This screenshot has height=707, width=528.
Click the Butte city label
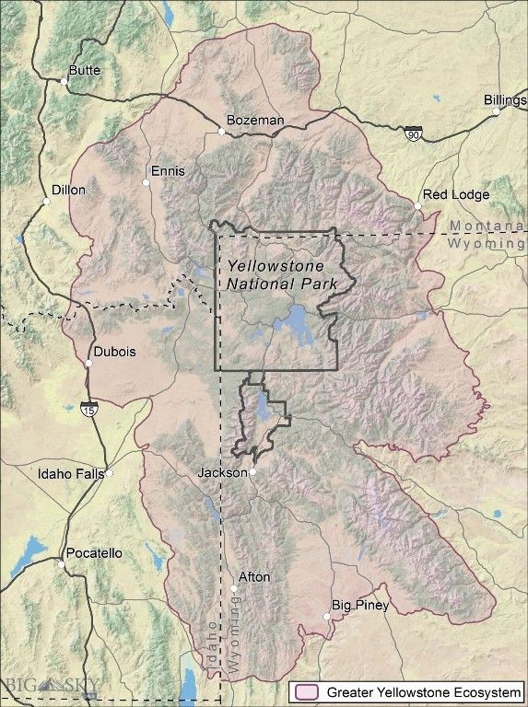click(86, 70)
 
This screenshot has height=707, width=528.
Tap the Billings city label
click(504, 100)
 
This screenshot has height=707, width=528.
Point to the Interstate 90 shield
click(414, 134)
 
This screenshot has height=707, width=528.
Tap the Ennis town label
click(169, 171)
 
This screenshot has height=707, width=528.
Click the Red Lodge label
click(456, 195)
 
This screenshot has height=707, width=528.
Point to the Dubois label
click(115, 352)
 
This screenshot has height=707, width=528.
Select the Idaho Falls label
click(70, 475)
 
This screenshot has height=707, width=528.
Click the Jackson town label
click(222, 472)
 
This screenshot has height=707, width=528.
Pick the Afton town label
click(254, 577)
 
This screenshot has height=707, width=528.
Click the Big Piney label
click(360, 606)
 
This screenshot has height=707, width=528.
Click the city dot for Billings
click(496, 111)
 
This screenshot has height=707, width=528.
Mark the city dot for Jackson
click(252, 472)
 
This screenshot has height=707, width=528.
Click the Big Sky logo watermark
click(53, 685)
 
